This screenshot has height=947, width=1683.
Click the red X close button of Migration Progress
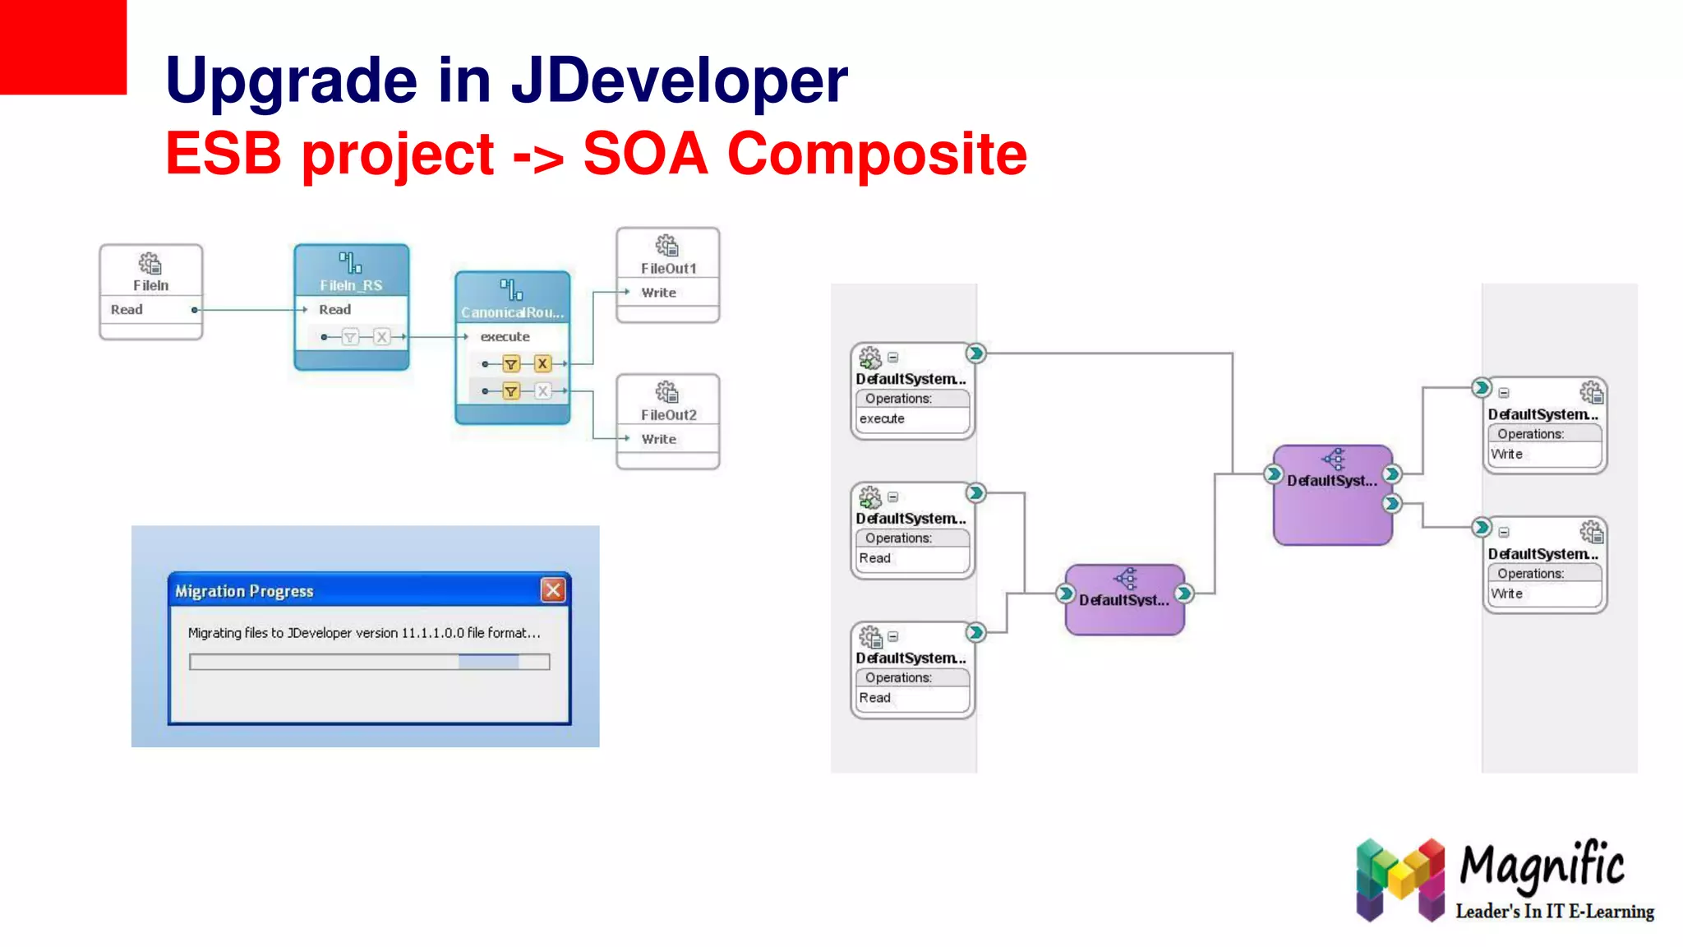coord(553,590)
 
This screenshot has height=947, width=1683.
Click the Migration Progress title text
coord(244,591)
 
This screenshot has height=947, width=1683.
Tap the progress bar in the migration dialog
coord(369,662)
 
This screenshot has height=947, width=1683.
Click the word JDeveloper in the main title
coord(679,81)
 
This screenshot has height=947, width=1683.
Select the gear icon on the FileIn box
coord(150,264)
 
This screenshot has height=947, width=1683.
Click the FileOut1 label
coord(668,269)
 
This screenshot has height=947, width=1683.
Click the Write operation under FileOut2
coord(658,439)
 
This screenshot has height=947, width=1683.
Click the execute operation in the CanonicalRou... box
coord(505,337)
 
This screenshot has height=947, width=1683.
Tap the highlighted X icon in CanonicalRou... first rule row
coord(542,363)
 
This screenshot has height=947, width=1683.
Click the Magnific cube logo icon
coord(1400,879)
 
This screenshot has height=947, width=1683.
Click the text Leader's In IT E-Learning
coord(1554,912)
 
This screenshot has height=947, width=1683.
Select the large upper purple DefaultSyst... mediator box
coord(1332,496)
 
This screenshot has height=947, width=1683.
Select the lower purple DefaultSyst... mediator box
coord(1124,600)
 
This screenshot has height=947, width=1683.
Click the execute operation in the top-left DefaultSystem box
coord(882,418)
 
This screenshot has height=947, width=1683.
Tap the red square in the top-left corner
coord(62,46)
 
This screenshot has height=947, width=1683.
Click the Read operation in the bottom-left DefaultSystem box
coord(875,698)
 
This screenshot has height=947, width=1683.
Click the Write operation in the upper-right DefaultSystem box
coord(1506,454)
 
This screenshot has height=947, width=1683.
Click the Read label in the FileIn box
coord(127,310)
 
